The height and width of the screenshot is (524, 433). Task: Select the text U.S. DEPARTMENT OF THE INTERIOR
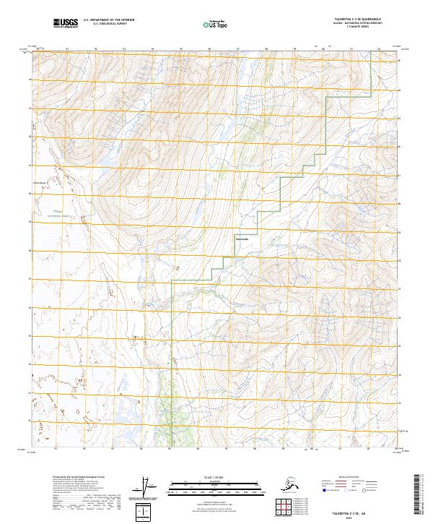coord(108,21)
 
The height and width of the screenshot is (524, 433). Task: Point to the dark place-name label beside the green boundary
coord(242,239)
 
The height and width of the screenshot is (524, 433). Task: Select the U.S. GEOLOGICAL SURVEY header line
coord(105,25)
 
